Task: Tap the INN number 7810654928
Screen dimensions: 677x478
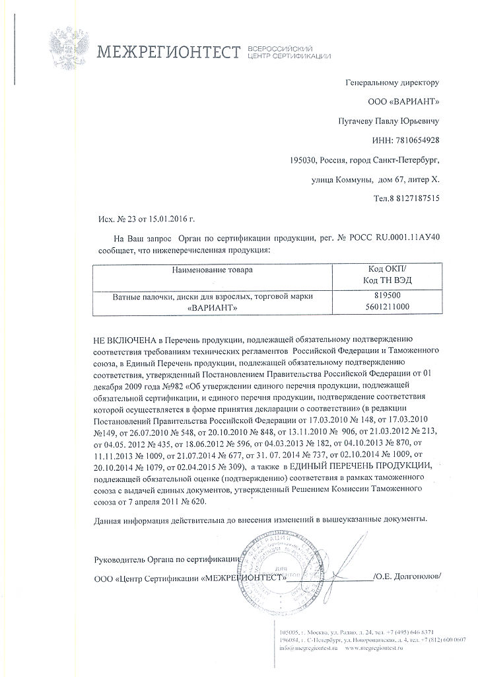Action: tap(416, 141)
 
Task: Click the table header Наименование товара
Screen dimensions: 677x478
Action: tap(212, 270)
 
